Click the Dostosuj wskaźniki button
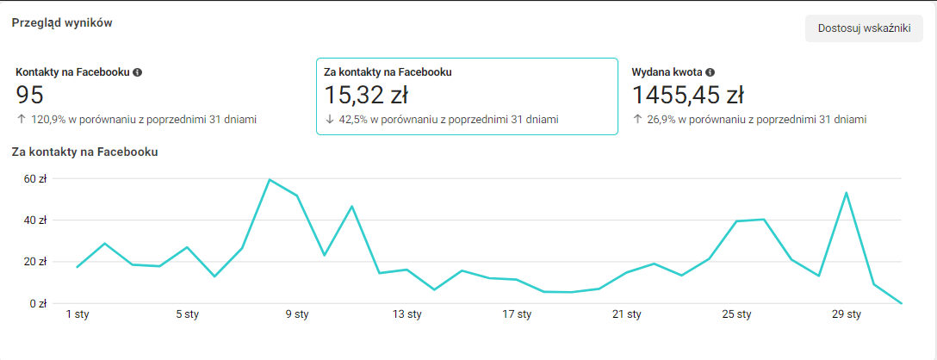click(864, 28)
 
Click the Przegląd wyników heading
click(62, 22)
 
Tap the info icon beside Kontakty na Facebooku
click(138, 72)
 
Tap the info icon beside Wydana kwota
click(711, 72)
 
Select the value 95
click(30, 95)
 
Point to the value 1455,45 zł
click(688, 95)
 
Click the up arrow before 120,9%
click(21, 120)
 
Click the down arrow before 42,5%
click(329, 120)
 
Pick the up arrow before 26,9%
click(637, 120)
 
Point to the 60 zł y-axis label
click(34, 179)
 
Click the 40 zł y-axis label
click(34, 220)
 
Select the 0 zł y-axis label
click(37, 303)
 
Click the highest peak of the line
click(270, 179)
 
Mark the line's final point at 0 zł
click(901, 303)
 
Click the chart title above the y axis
click(84, 152)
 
